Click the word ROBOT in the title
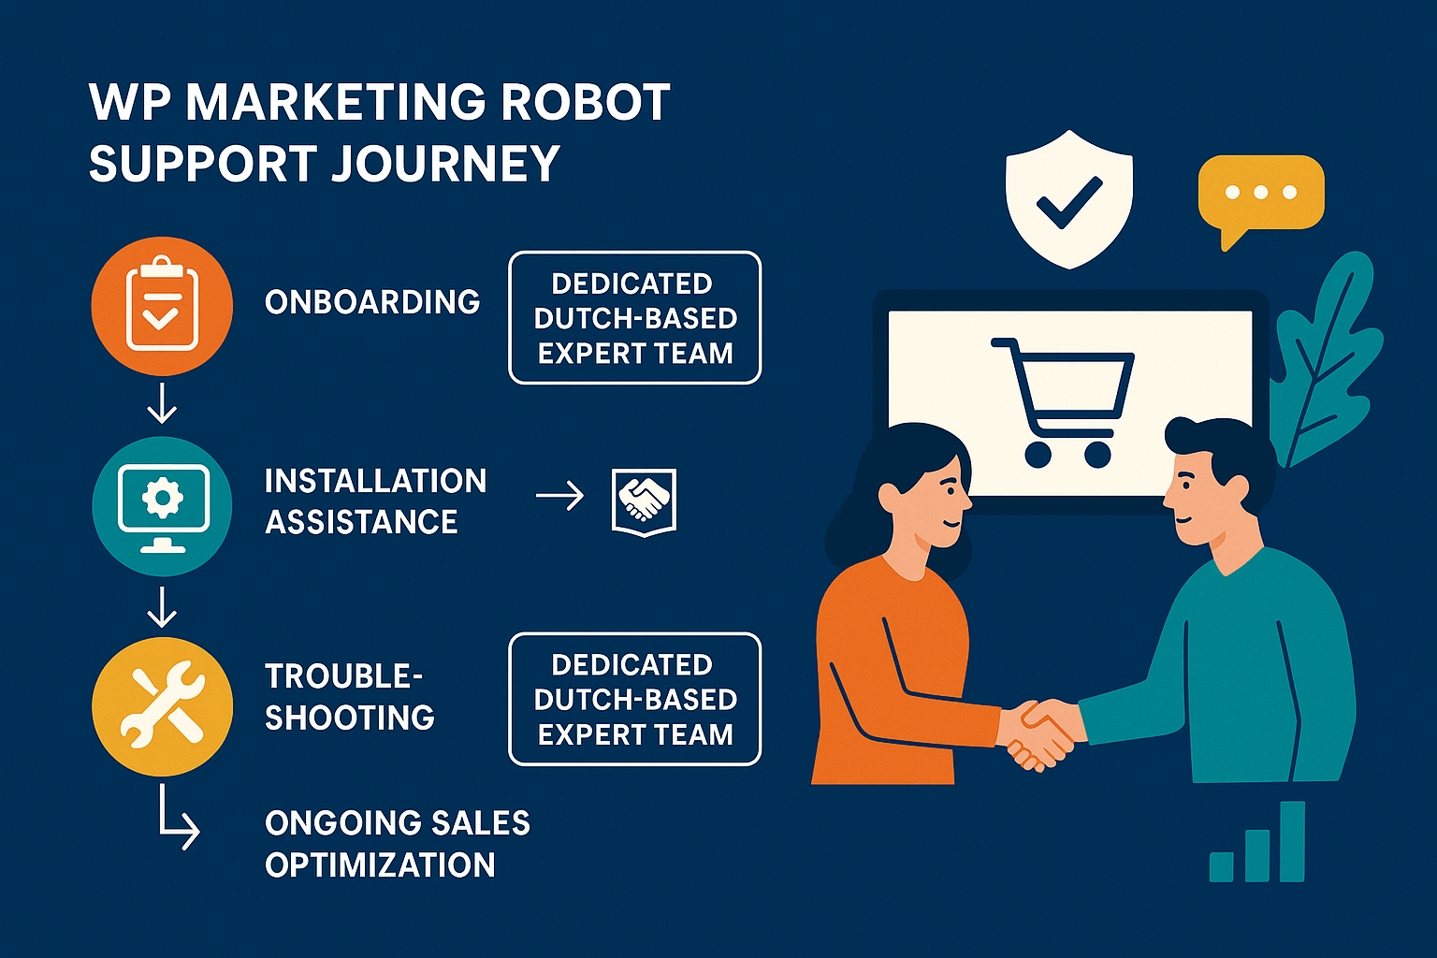[x=585, y=103]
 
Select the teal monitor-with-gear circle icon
[x=162, y=506]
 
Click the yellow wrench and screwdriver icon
[x=162, y=706]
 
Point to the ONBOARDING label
[x=372, y=302]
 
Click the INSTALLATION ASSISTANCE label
[x=374, y=501]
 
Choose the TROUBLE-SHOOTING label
[x=349, y=697]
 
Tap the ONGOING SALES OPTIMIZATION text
[x=397, y=844]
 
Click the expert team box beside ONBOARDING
[x=635, y=318]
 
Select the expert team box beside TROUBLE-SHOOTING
[x=635, y=700]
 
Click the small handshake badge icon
[x=644, y=501]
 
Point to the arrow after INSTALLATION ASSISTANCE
[x=559, y=496]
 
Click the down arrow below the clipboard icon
[x=162, y=403]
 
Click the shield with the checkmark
[x=1068, y=198]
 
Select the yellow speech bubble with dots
[x=1260, y=195]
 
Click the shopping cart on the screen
[x=1063, y=400]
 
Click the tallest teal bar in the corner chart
[x=1292, y=841]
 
